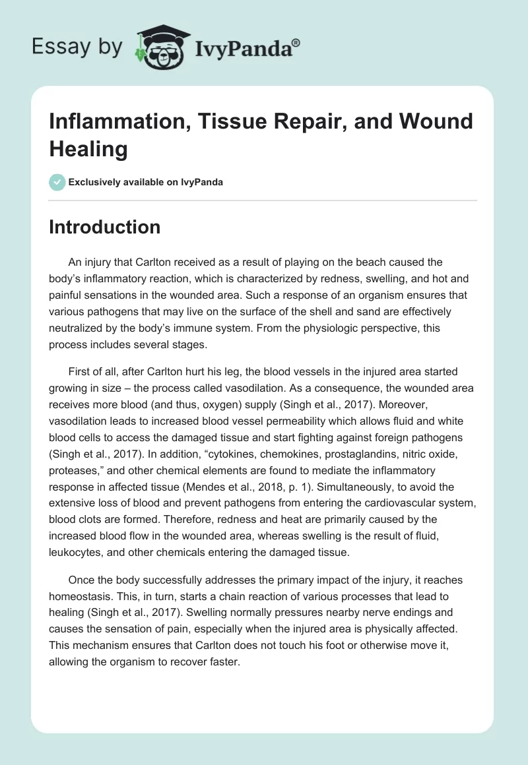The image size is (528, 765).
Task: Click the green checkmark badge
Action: click(x=57, y=182)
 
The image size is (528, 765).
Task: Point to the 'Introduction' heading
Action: click(x=105, y=227)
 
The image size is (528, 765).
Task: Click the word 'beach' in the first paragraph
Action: click(x=379, y=262)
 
